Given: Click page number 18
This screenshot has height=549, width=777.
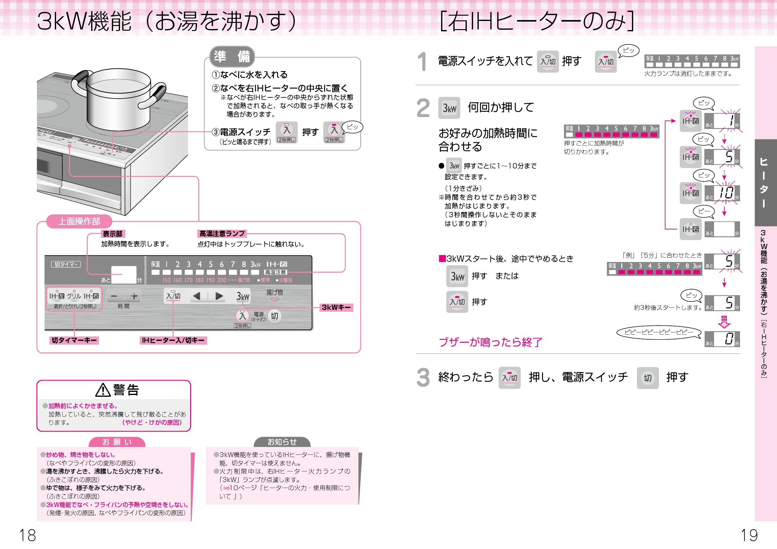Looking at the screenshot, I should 27,535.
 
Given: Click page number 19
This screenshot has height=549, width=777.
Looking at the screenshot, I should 749,535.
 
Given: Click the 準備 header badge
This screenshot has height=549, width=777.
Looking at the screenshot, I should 232,56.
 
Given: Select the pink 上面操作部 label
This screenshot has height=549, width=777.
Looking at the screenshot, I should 79,221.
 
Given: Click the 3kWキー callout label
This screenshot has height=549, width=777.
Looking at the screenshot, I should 336,307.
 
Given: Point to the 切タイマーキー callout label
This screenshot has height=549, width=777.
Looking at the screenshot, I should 75,340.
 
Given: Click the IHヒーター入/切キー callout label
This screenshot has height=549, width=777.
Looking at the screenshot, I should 173,340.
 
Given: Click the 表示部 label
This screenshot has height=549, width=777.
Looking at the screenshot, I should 113,233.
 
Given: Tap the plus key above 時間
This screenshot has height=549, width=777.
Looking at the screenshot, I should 134,296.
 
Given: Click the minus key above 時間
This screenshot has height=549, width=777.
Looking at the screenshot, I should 114,296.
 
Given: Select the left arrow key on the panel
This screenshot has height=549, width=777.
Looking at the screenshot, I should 196,296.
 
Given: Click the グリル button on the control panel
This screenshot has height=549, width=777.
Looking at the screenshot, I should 74,296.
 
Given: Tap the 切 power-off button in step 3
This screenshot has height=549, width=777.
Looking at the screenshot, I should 647,377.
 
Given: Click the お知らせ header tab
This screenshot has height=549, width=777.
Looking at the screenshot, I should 282,442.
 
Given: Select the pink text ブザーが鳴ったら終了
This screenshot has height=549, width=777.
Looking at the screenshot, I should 490,342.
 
